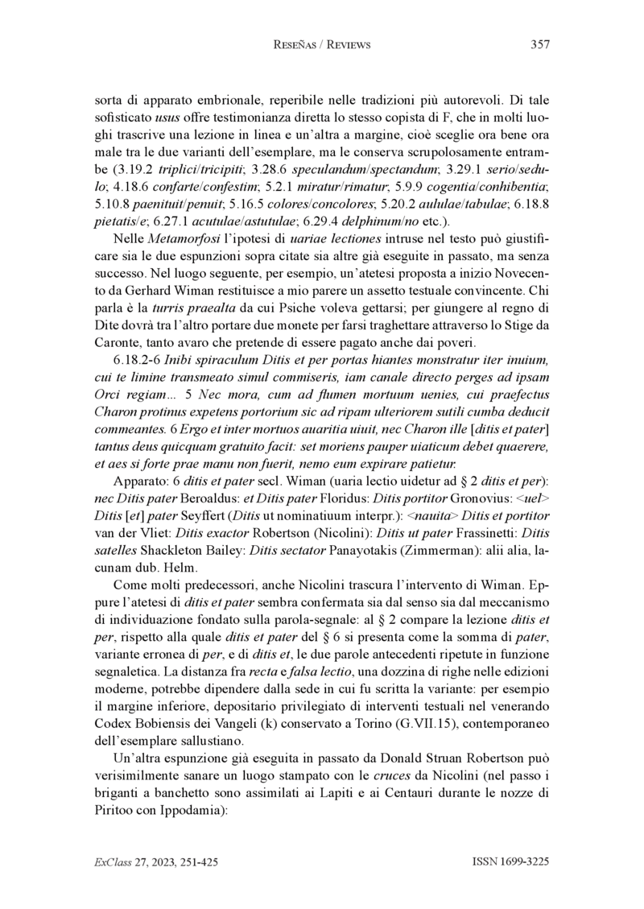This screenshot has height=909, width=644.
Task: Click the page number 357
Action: (x=540, y=45)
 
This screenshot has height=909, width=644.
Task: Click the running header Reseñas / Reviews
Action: (x=322, y=45)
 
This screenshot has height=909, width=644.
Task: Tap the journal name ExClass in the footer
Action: (x=112, y=863)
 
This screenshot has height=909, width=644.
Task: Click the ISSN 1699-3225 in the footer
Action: (x=510, y=863)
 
